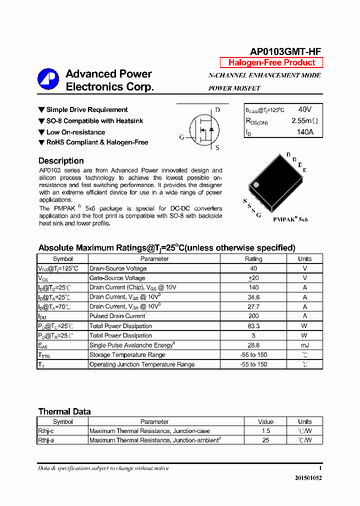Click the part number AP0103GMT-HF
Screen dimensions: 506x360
tap(285, 51)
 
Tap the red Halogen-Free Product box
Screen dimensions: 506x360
tap(271, 62)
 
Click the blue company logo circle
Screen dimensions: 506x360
tap(48, 79)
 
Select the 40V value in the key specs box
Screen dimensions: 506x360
tap(304, 109)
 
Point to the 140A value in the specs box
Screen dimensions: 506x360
tap(304, 132)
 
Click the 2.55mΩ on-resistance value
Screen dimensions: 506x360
tap(304, 121)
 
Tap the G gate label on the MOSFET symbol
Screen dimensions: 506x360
tap(182, 137)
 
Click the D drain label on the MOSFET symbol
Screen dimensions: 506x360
tap(217, 110)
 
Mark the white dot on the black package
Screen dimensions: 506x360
tap(256, 184)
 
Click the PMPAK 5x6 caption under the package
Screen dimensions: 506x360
tap(290, 219)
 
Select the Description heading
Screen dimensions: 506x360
tap(61, 161)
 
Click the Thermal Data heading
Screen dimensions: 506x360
tap(64, 411)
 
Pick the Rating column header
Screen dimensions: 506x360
tap(253, 259)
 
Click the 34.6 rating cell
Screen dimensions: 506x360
tap(253, 297)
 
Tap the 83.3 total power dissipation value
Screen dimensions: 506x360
tap(253, 326)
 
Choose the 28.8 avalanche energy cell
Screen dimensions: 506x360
tap(253, 345)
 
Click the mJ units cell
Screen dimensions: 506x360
tap(304, 345)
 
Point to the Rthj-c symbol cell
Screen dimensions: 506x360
tap(46, 431)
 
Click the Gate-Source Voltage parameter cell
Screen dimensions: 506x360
tap(117, 278)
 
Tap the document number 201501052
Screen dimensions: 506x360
tap(308, 478)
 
